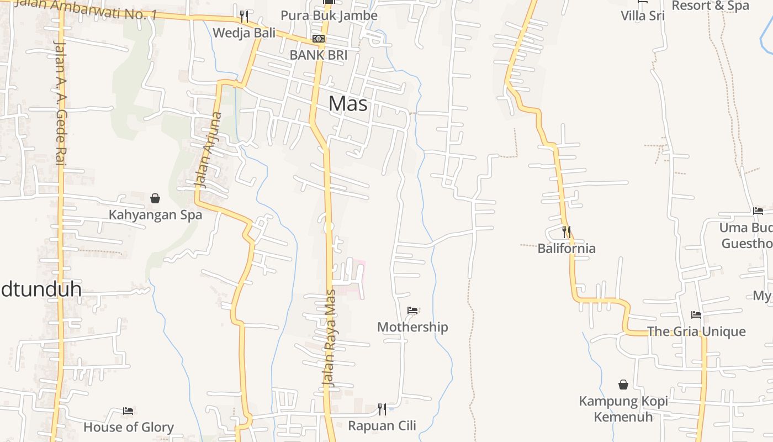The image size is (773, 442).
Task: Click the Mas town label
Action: pos(348,103)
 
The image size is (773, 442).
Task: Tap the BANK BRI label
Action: pos(319,55)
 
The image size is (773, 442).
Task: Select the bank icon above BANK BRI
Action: pos(319,39)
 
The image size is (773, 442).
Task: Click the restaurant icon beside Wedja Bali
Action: pos(244,16)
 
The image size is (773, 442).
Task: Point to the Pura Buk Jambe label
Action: pos(329,15)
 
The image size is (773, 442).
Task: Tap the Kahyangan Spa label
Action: pos(155,215)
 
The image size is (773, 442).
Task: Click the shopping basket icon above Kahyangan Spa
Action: pos(155,198)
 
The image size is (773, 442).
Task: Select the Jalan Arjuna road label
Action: pos(209,150)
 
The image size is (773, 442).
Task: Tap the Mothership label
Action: pos(412,327)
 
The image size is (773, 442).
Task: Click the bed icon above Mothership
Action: pos(412,311)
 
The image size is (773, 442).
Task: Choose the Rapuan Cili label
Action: pos(382,426)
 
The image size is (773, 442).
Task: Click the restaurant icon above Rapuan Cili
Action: pos(382,409)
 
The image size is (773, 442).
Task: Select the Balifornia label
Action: pos(566,249)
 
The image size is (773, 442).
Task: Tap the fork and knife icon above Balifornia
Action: pos(566,232)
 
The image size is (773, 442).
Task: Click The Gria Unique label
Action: pos(696,331)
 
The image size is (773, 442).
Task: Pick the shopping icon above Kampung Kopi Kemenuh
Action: pos(623,385)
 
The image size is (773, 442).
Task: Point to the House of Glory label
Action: pos(129,427)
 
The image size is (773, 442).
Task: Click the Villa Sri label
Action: pos(643,15)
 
